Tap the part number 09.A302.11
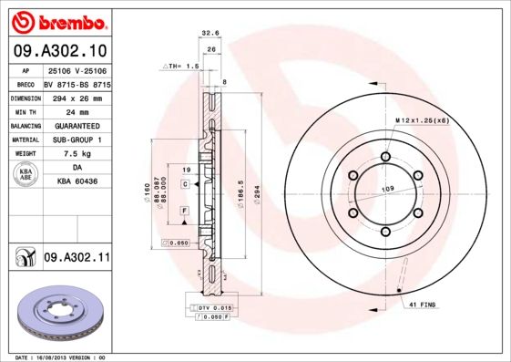(x=77, y=258)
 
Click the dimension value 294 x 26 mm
(x=77, y=96)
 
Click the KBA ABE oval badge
(x=26, y=175)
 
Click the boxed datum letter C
(x=185, y=184)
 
